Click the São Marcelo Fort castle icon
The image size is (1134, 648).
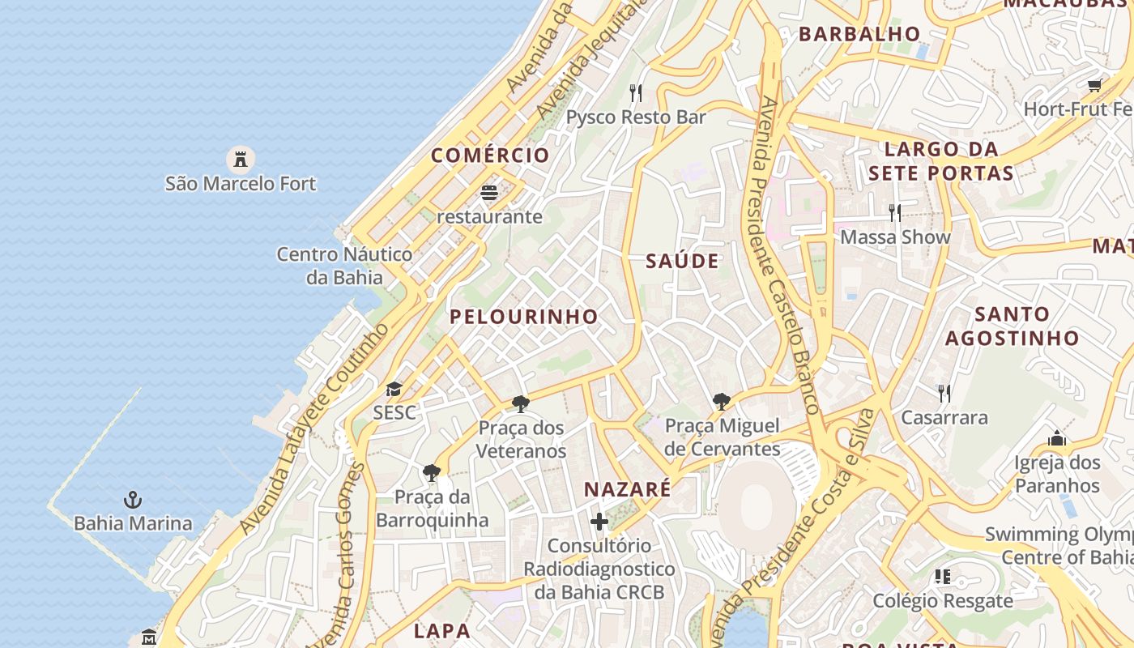coord(241,159)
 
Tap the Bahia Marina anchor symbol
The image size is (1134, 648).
coord(133,499)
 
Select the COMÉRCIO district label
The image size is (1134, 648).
coord(490,155)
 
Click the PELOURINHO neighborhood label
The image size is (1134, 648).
coord(524,317)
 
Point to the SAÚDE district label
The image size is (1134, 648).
coord(682,261)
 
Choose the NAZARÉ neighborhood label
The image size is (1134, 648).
coord(628,489)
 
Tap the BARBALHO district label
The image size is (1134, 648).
coord(859,34)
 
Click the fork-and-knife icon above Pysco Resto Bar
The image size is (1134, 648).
coord(636,93)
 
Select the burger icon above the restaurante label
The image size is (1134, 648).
coord(489,193)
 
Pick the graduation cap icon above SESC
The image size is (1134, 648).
coord(394,390)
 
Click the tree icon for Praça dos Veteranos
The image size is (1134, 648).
coord(521,403)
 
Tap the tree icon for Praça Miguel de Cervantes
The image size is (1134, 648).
coord(722,402)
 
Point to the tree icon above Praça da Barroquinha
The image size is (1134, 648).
coord(433,472)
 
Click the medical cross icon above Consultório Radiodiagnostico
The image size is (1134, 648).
coord(599,522)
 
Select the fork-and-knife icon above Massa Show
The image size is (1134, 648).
coord(895,213)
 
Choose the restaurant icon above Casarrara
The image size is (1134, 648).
coord(944,394)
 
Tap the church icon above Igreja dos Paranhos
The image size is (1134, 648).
coord(1057,439)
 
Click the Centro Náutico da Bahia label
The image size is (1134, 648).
coord(344,266)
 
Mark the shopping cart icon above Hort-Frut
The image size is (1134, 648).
coord(1095,84)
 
